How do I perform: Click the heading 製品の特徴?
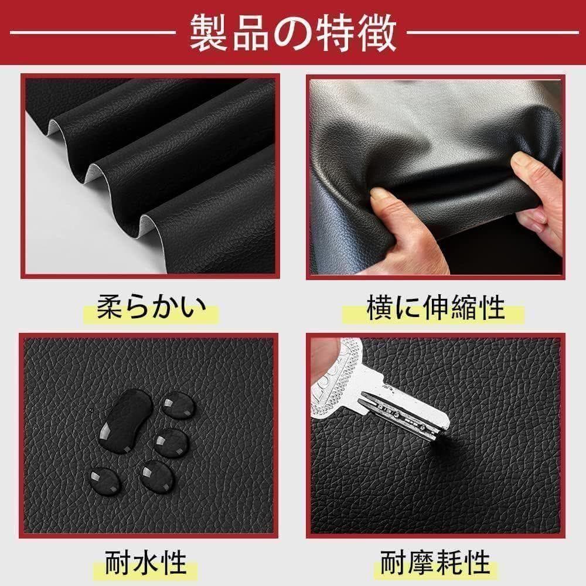(x=293, y=33)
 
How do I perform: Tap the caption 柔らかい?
(x=151, y=308)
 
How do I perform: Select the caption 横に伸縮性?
(x=436, y=308)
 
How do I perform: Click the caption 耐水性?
(x=145, y=562)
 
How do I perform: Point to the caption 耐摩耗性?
(x=435, y=562)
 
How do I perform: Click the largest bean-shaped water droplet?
(x=125, y=421)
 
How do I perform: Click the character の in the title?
(x=293, y=33)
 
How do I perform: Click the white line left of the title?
(x=93, y=32)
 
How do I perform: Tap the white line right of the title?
(x=493, y=32)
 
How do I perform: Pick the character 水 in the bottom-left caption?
(x=145, y=562)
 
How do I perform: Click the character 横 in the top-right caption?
(x=380, y=308)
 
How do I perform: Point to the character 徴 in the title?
(x=377, y=33)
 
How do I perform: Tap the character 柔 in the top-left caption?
(x=110, y=308)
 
